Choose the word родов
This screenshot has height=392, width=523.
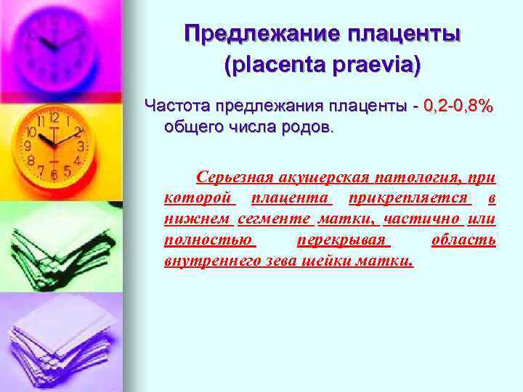309,128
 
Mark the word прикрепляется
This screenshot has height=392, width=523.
410,198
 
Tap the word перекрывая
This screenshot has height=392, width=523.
344,240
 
